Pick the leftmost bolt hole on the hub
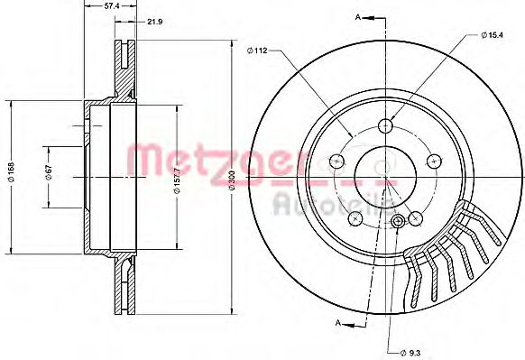[338, 161]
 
